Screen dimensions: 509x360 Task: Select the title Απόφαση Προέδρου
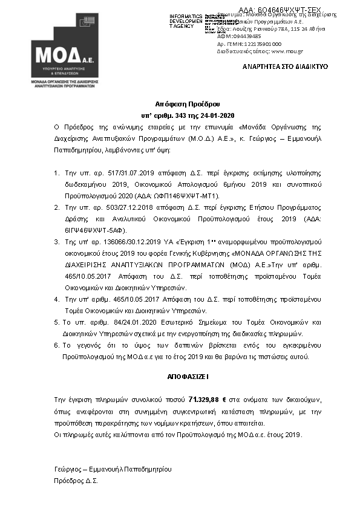coord(180,104)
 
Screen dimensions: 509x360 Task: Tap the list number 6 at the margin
coord(56,345)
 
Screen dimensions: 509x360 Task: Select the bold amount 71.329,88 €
coord(208,400)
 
